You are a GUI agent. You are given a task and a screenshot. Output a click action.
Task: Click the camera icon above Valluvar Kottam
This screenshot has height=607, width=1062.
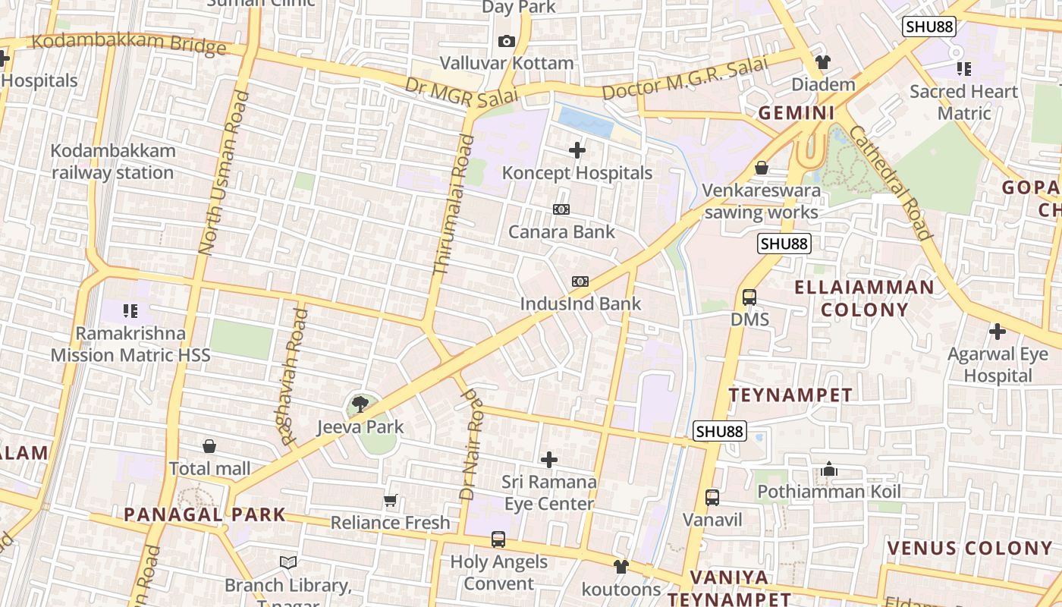point(507,41)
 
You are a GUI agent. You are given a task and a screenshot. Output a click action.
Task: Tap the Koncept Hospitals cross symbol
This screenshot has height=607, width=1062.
point(577,150)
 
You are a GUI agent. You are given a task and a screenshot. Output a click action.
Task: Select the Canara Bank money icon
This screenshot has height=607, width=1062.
point(561,209)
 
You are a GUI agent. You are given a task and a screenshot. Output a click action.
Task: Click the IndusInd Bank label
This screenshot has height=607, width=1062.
point(580,303)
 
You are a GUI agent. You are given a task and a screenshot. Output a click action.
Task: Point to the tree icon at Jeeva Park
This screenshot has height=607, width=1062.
point(360,404)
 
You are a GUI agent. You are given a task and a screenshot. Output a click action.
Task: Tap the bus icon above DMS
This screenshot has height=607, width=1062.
point(749,297)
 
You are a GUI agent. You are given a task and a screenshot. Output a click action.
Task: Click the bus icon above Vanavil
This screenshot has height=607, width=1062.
point(712,498)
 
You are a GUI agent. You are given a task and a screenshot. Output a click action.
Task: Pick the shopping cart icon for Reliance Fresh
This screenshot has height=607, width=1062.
point(391,500)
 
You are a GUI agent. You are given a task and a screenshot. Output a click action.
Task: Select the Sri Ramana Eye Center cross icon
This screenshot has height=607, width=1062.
point(548,460)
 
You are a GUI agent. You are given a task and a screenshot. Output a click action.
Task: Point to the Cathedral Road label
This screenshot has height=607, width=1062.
point(890,182)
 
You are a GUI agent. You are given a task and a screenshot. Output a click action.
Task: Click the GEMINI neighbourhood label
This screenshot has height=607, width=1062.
point(796,113)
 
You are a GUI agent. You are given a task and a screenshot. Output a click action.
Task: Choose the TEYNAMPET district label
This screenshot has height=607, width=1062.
point(790,395)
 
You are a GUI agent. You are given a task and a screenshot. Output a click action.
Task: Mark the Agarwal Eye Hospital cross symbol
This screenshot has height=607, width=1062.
point(998,332)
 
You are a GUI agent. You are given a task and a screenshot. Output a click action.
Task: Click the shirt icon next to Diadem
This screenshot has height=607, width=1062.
point(823,61)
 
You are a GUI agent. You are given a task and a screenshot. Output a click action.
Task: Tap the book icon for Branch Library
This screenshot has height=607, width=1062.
point(288,562)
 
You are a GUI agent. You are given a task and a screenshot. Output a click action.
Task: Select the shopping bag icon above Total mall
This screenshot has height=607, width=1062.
point(209,446)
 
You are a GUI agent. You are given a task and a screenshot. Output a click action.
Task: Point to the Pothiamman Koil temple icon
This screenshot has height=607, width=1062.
point(828,470)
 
